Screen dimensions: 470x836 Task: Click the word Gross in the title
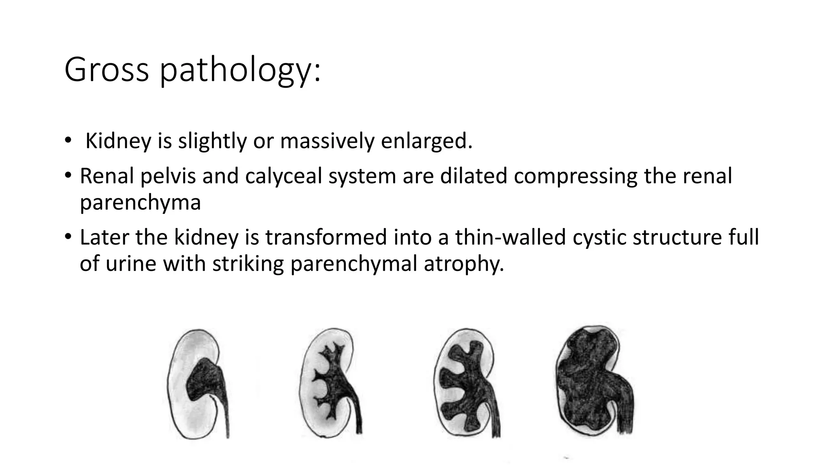pyautogui.click(x=106, y=70)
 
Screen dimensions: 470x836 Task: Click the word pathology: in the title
pyautogui.click(x=240, y=72)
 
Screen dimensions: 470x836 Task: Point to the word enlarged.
pyautogui.click(x=427, y=141)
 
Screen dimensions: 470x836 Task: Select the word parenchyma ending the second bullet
pyautogui.click(x=140, y=203)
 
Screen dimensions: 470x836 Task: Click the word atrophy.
pyautogui.click(x=464, y=264)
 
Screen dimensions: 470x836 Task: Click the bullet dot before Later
pyautogui.click(x=68, y=237)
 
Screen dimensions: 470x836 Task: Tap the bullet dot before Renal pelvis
pyautogui.click(x=68, y=175)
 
